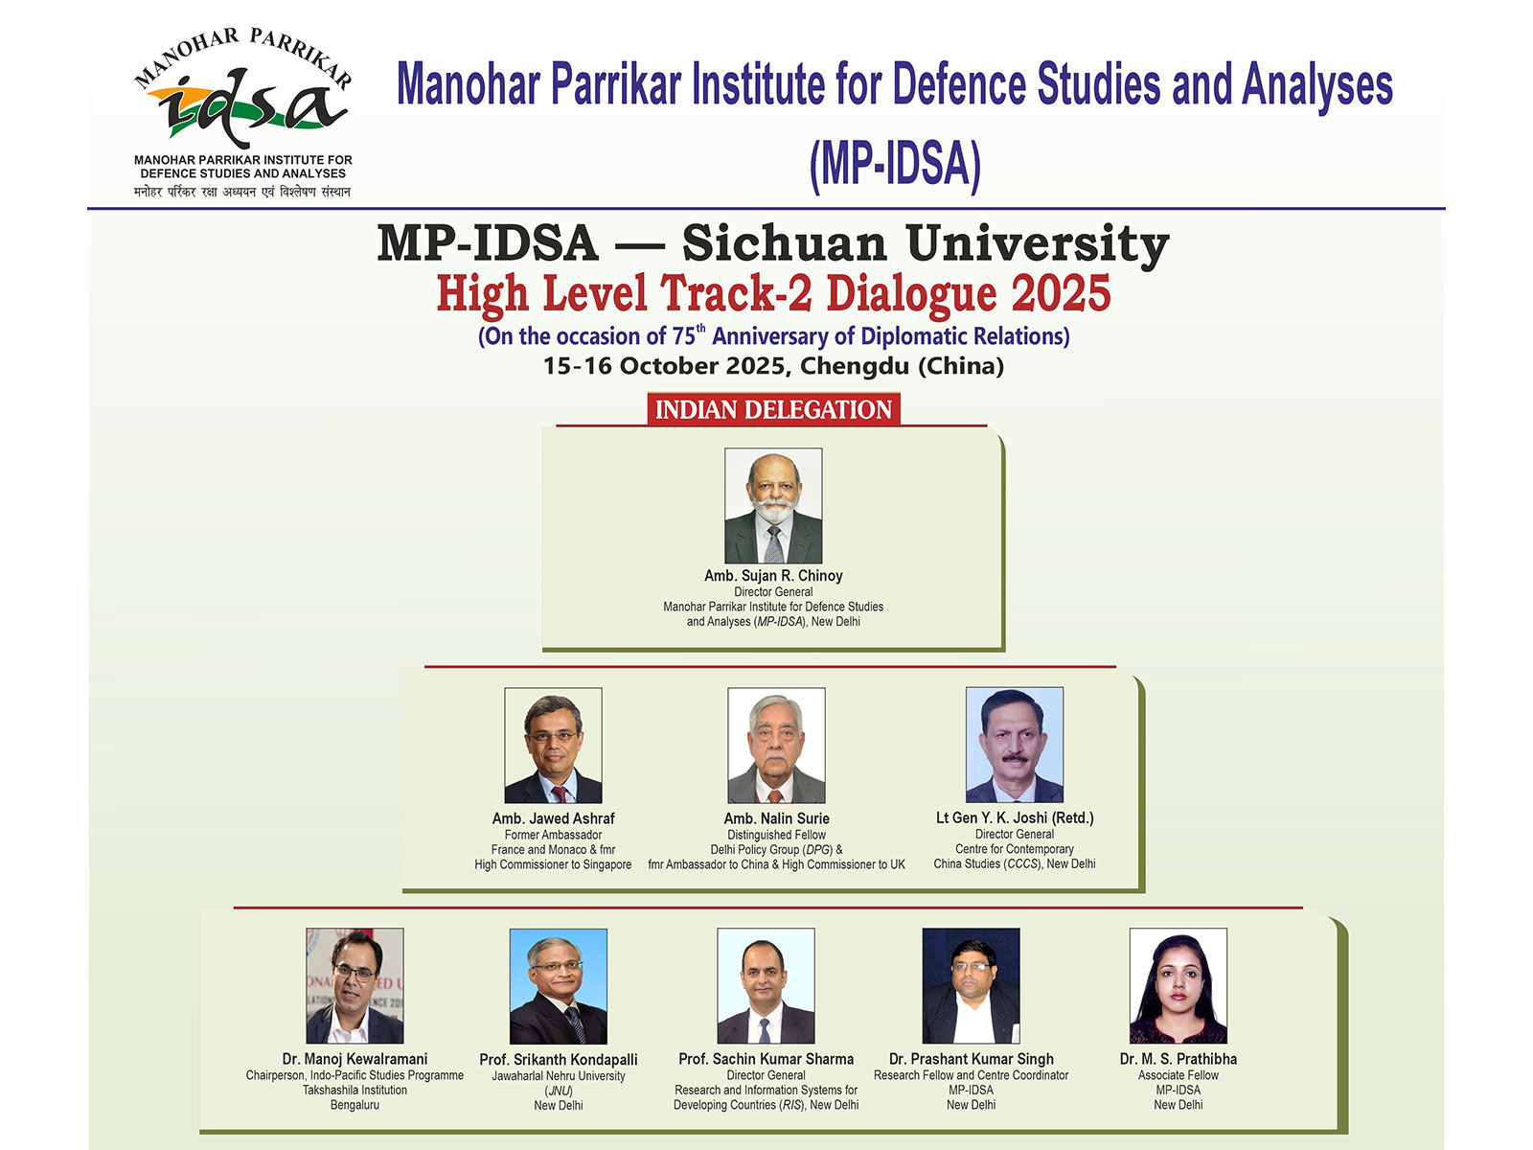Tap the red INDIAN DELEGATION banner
[x=773, y=410]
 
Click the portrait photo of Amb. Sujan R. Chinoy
[x=773, y=505]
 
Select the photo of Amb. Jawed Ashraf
[x=553, y=745]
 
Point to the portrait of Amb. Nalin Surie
[x=776, y=745]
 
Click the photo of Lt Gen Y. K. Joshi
[x=1014, y=745]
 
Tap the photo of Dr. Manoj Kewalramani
[x=355, y=985]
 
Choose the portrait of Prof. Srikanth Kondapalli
[x=558, y=985]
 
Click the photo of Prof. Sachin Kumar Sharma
[x=766, y=985]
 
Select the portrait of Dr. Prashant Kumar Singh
[x=971, y=985]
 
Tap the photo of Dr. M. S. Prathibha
[x=1178, y=985]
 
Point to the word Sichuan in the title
[x=784, y=243]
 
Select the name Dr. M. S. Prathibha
[x=1178, y=1059]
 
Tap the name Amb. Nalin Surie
[x=776, y=818]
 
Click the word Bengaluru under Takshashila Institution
[x=355, y=1105]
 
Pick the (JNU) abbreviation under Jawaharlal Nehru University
[x=559, y=1091]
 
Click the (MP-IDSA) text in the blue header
[x=895, y=164]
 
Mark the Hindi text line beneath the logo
[x=242, y=192]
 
